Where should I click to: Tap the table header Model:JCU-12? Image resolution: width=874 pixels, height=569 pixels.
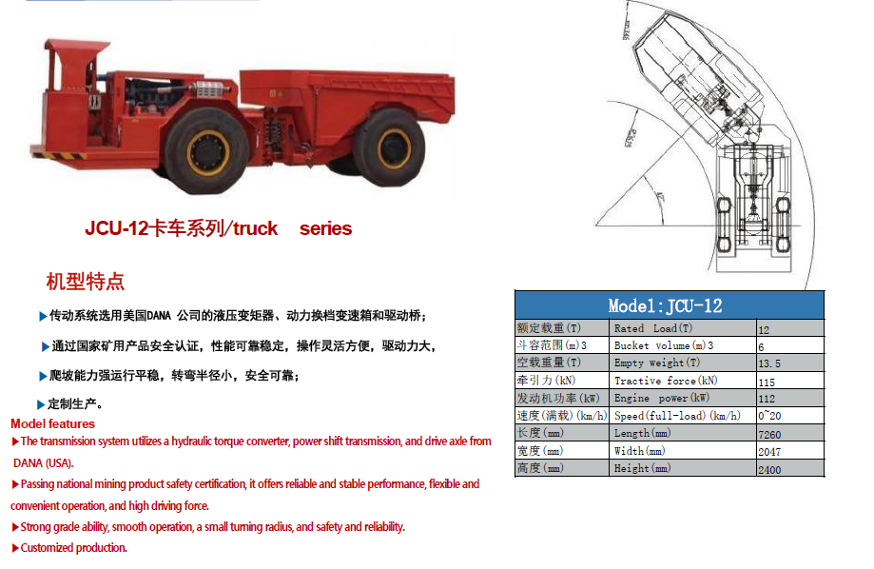point(665,305)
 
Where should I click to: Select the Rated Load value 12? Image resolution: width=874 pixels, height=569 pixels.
point(764,329)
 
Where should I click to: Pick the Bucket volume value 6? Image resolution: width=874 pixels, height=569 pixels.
point(761,346)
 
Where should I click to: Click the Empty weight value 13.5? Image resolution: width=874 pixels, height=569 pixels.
point(769,363)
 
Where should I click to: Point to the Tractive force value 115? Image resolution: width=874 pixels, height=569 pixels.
point(767,382)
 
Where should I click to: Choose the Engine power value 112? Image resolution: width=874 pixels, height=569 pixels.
point(767,399)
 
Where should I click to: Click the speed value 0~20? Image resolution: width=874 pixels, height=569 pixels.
point(769,416)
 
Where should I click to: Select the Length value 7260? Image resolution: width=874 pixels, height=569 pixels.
point(769,434)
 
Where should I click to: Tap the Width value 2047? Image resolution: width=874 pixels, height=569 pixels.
point(769,451)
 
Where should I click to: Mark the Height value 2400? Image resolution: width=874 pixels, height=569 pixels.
point(769,469)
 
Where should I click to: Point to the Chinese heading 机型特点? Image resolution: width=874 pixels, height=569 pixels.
point(86,282)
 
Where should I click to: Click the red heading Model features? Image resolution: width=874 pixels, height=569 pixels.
point(53,423)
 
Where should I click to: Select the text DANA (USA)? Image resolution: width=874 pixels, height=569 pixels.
point(43,462)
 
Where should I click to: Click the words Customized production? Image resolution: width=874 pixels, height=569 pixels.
point(73,547)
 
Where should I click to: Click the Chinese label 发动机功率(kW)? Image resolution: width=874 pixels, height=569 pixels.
point(558,398)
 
